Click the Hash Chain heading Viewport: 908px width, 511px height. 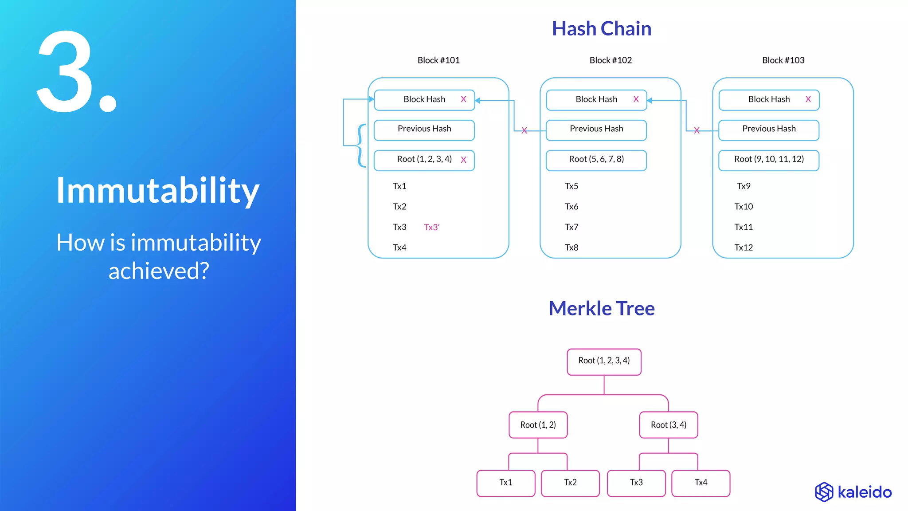pos(601,29)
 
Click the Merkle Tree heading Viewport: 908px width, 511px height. pos(601,308)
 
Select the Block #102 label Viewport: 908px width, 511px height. pos(610,60)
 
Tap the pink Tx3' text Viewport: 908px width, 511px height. pos(431,227)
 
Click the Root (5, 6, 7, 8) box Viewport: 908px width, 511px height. pos(596,160)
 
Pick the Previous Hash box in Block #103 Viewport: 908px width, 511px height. pos(768,130)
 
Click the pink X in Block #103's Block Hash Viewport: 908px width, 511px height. pos(808,99)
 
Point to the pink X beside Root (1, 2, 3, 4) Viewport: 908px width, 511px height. pos(463,160)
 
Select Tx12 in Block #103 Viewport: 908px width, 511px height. pos(744,248)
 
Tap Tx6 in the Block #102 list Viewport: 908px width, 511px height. pos(571,207)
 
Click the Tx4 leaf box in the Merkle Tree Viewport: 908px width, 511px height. pos(701,483)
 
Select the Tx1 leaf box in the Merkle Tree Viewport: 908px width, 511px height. pos(505,483)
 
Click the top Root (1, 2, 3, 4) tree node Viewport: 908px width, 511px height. pos(604,362)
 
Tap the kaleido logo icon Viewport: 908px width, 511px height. pos(824,492)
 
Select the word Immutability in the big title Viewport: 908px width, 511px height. pos(157,191)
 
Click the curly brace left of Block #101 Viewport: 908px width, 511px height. pos(361,145)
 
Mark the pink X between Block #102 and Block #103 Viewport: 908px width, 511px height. pos(697,130)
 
